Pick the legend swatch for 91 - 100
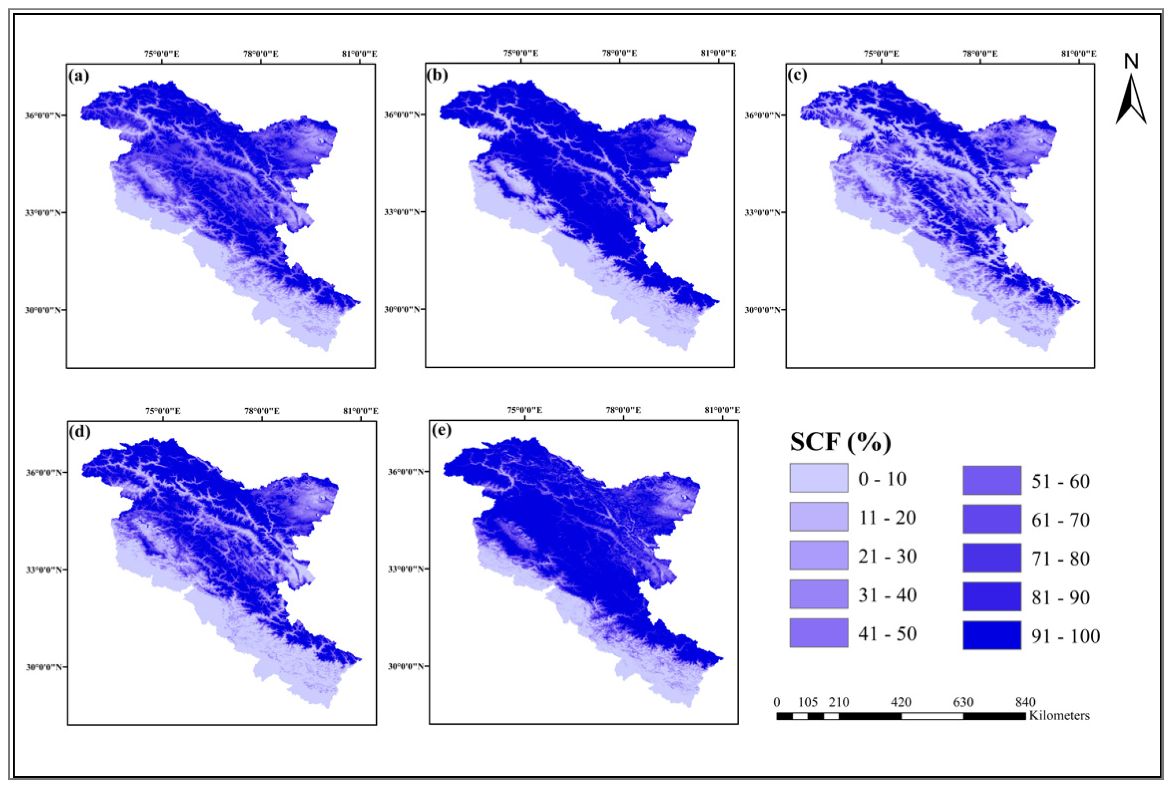click(x=992, y=635)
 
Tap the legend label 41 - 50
click(x=887, y=634)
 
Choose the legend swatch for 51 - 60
click(x=992, y=480)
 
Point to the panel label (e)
click(x=441, y=431)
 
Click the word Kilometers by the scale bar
click(x=1059, y=716)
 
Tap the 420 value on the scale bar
click(x=901, y=702)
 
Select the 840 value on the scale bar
click(x=1025, y=702)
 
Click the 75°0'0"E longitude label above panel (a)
click(x=162, y=54)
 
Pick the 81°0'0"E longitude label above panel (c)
click(x=1079, y=54)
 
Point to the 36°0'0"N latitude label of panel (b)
click(x=403, y=114)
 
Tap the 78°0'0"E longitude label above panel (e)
click(x=624, y=410)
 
